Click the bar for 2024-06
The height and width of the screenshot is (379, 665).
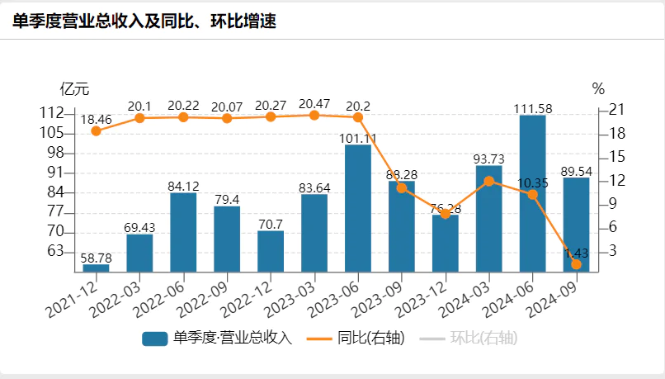click(x=532, y=193)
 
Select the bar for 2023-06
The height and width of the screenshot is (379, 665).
click(x=357, y=208)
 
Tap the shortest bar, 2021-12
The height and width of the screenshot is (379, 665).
click(x=96, y=268)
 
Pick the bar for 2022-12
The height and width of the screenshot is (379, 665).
click(x=271, y=251)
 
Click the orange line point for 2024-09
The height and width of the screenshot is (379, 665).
click(x=576, y=264)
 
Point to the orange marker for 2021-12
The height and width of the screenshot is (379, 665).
click(x=96, y=130)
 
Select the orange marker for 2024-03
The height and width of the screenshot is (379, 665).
click(x=488, y=181)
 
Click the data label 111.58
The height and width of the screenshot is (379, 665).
click(x=532, y=107)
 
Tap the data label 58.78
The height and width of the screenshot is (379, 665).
click(x=96, y=258)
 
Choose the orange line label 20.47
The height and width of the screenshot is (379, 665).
click(x=314, y=104)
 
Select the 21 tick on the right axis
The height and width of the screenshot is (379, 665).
click(x=616, y=111)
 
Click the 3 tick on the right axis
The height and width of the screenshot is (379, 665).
click(x=613, y=251)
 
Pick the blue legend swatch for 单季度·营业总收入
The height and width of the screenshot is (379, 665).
click(x=155, y=339)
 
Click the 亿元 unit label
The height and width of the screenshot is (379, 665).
click(x=74, y=88)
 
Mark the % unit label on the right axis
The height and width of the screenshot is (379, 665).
click(x=598, y=88)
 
